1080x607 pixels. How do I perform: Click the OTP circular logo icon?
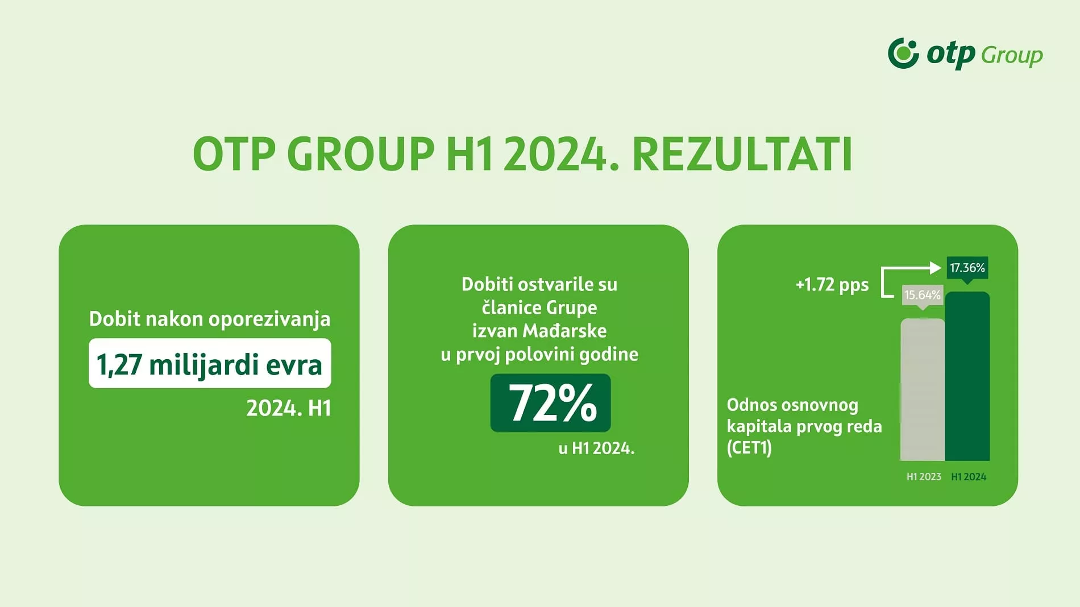click(x=903, y=53)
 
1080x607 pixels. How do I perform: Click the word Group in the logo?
click(x=1012, y=55)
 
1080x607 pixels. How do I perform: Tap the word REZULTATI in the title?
click(x=742, y=153)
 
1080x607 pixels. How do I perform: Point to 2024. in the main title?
click(x=560, y=153)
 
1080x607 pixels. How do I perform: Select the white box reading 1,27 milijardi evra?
click(x=210, y=363)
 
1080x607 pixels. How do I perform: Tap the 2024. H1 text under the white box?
click(x=289, y=408)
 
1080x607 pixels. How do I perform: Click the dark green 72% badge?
click(x=550, y=403)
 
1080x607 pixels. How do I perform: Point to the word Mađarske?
click(x=564, y=331)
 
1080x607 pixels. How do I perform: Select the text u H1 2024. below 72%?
click(x=596, y=448)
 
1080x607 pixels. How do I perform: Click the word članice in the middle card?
click(x=512, y=307)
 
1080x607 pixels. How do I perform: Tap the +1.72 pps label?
click(x=832, y=285)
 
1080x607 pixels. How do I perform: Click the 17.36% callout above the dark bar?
click(x=967, y=268)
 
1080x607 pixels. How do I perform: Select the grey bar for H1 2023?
click(x=923, y=389)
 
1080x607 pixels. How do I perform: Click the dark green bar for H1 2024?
click(x=967, y=376)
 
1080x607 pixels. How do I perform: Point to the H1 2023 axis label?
click(x=924, y=477)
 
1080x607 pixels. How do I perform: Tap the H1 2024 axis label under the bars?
click(x=969, y=477)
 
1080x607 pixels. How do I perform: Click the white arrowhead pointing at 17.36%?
click(x=936, y=268)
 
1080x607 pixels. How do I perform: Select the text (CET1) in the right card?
click(x=749, y=448)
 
